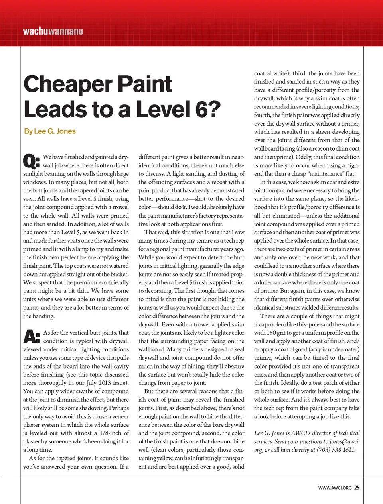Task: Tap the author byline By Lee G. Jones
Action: pyautogui.click(x=49, y=131)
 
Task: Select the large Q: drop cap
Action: pyautogui.click(x=32, y=161)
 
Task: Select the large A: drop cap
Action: pyautogui.click(x=32, y=337)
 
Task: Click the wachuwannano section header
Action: pyautogui.click(x=53, y=31)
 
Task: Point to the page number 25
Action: pyautogui.click(x=357, y=488)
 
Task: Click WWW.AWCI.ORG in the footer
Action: pyautogui.click(x=335, y=488)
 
